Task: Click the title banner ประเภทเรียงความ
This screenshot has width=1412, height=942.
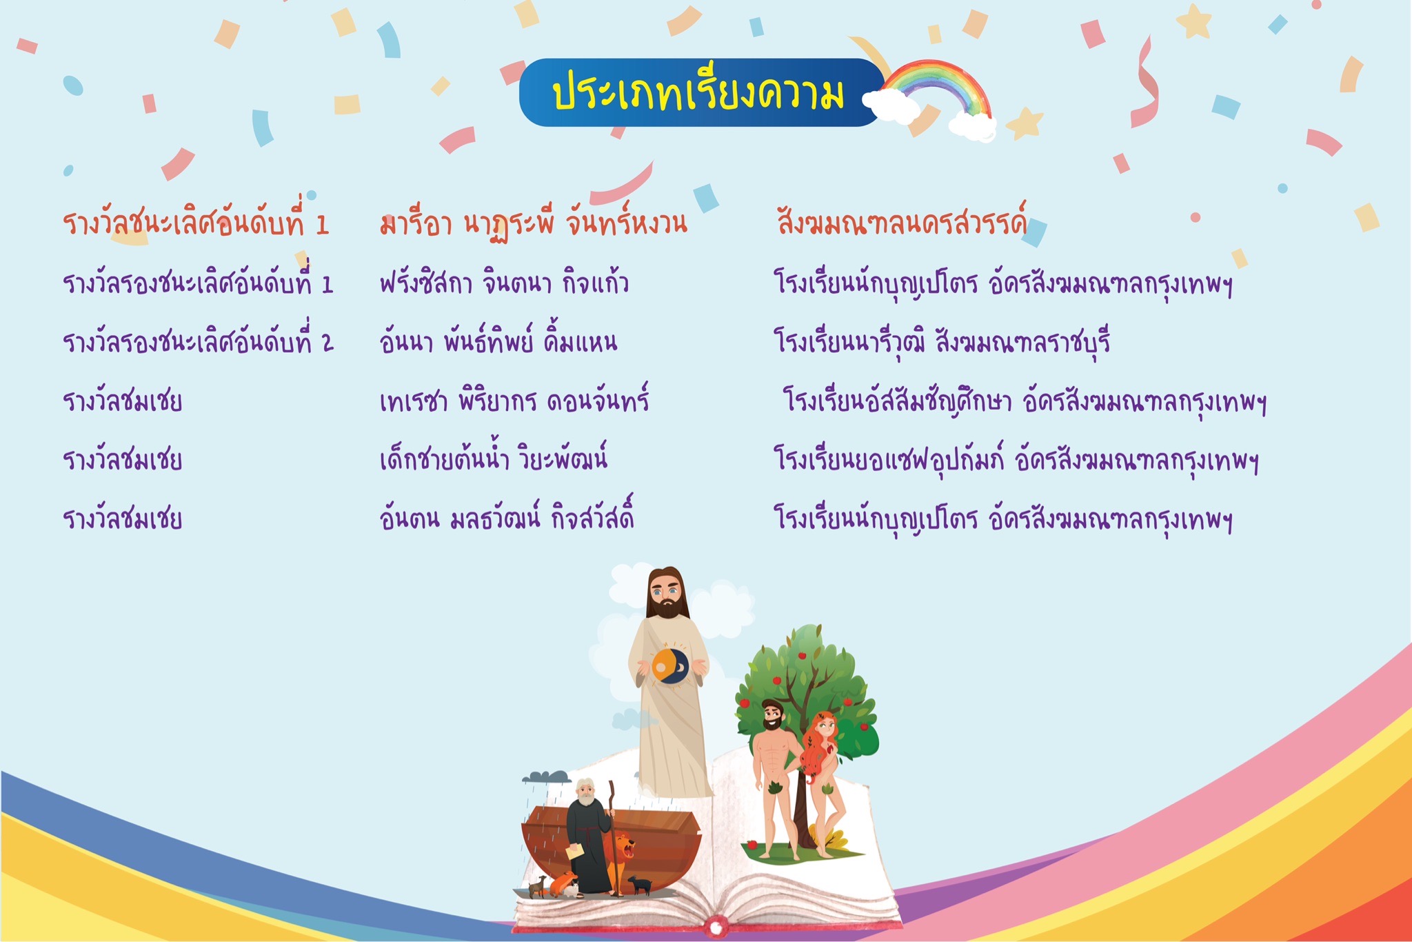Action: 700,92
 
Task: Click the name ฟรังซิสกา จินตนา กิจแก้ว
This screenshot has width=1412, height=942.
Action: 504,283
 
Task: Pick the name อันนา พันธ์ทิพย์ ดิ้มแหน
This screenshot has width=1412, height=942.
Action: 498,341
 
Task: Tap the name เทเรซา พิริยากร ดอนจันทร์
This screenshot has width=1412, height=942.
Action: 514,401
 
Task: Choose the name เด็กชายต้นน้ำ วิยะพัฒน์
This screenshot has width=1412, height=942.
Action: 493,459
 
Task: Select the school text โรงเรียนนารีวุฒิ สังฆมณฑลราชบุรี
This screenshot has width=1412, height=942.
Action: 942,341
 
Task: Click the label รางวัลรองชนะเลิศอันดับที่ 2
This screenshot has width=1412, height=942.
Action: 198,341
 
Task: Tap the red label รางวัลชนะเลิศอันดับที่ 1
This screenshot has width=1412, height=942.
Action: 196,222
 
